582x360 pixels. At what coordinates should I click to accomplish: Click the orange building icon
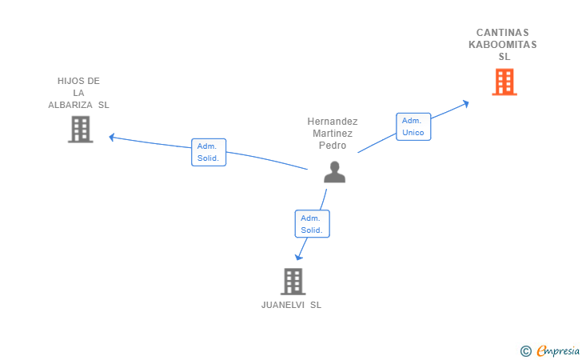click(504, 82)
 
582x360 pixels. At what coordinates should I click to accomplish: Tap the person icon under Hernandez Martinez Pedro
click(334, 172)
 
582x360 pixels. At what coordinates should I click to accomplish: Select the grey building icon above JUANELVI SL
click(293, 282)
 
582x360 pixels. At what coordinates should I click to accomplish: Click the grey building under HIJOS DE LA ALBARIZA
click(81, 130)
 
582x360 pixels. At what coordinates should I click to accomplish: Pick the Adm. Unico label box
click(413, 126)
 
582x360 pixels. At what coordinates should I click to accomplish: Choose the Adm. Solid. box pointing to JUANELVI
click(312, 224)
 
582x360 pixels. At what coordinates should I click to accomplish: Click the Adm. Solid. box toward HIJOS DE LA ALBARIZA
click(209, 152)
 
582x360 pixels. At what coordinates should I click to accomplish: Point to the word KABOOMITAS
click(503, 45)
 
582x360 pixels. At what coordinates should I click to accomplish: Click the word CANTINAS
click(503, 33)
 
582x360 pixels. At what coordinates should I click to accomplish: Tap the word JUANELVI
click(283, 305)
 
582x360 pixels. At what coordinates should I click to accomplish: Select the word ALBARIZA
click(70, 105)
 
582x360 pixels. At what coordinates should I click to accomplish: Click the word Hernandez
click(333, 122)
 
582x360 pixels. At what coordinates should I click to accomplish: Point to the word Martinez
click(333, 134)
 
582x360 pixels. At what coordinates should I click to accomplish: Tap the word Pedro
click(333, 146)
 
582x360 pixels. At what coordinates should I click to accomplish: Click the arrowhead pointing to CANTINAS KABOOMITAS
click(465, 104)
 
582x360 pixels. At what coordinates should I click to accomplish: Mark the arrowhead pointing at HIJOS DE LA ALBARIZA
click(112, 138)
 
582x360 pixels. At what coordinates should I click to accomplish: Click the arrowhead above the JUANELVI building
click(298, 257)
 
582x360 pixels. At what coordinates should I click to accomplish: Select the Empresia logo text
click(558, 350)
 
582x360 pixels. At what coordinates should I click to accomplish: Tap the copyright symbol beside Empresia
click(526, 351)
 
